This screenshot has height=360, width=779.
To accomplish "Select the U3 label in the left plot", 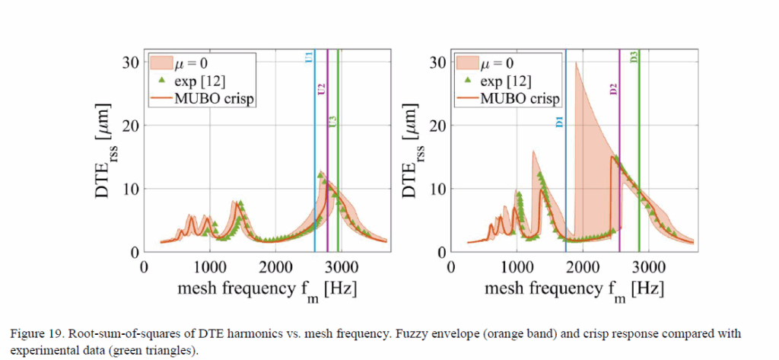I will tap(332, 123).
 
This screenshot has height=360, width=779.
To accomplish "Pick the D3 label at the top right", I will tap(634, 57).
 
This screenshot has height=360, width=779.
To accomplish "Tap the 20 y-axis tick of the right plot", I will tap(436, 126).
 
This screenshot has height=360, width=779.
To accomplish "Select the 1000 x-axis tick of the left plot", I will tap(209, 267).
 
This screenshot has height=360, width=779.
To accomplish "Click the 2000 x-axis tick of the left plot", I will tap(275, 267).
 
